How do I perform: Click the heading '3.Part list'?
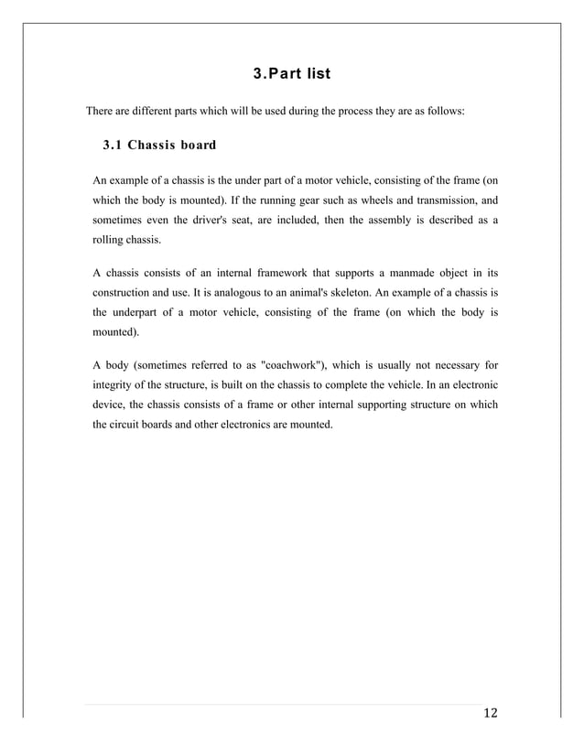click(292, 72)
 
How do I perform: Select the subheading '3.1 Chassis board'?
click(159, 145)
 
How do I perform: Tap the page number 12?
click(489, 715)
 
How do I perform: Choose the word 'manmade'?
click(411, 273)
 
